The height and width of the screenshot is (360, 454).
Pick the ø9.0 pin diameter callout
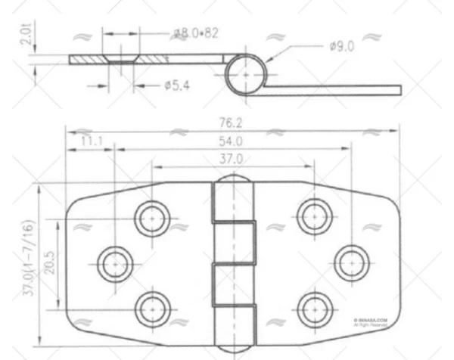tap(342, 47)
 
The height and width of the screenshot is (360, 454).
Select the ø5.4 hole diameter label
tap(176, 85)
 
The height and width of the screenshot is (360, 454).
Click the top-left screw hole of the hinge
tap(151, 217)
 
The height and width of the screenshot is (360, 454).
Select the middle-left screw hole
tap(115, 262)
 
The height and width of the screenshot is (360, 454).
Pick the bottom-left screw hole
tap(151, 308)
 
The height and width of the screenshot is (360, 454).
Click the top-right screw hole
tap(313, 217)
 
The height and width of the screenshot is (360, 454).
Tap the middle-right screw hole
tap(350, 262)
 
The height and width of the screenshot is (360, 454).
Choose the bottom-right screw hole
tap(313, 308)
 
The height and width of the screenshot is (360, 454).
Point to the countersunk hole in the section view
tap(121, 59)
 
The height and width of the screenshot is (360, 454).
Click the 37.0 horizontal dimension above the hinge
tap(232, 159)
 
